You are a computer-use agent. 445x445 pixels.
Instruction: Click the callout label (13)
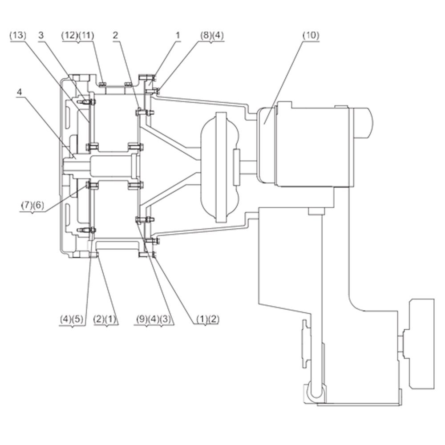(18, 36)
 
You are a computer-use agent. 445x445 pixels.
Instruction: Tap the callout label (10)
(311, 36)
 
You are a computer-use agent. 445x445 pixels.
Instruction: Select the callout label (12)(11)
(78, 36)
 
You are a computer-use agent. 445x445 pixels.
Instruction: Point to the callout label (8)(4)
(212, 36)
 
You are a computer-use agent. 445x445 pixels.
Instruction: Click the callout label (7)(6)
(32, 205)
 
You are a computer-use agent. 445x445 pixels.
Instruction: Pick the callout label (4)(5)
(72, 319)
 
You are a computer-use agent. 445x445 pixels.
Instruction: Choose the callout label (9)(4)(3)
(154, 319)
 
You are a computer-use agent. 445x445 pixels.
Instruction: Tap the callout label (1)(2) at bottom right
(208, 319)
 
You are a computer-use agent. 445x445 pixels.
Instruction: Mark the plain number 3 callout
(41, 36)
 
